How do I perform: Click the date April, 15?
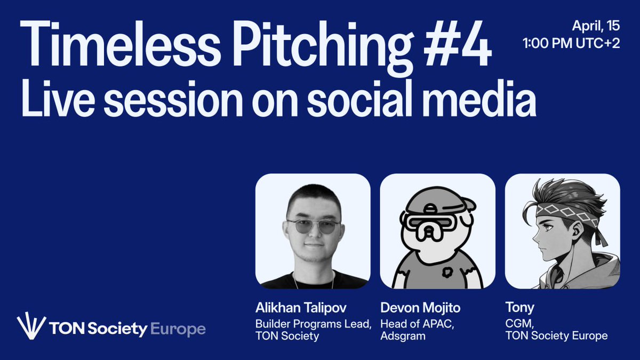[x=596, y=26]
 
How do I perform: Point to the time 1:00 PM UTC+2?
[x=571, y=44]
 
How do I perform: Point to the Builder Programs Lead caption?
[x=313, y=324]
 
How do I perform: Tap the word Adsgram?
[x=400, y=336]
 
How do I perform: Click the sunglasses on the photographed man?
[x=313, y=226]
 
